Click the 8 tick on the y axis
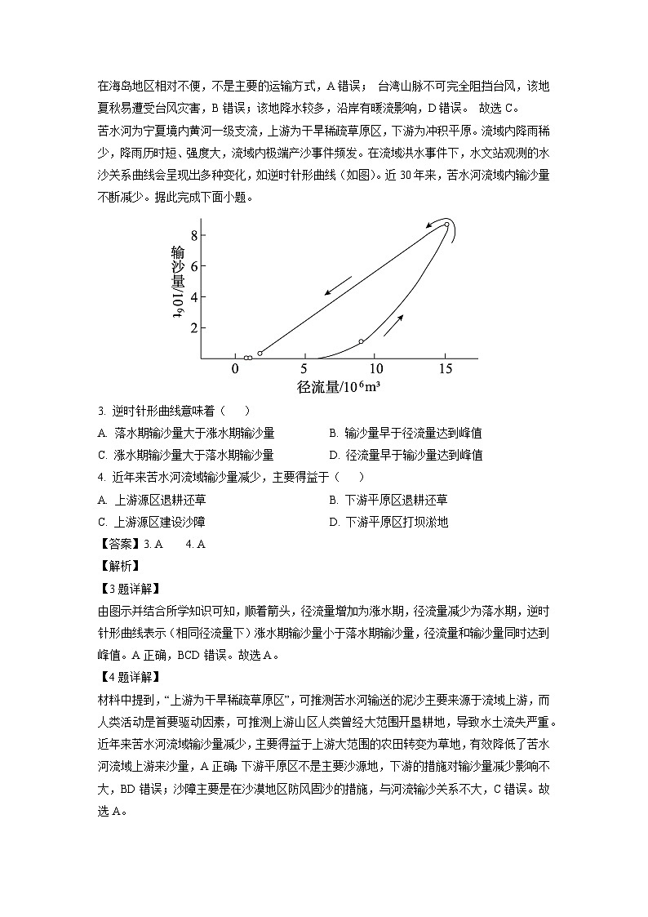tap(195, 234)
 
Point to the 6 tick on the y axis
tap(195, 265)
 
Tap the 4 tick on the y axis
tap(195, 296)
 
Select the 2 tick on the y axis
tap(195, 327)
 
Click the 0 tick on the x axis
tap(235, 369)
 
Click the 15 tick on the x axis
tap(444, 369)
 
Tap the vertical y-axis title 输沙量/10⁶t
tap(177, 283)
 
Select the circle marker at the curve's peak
tap(446, 225)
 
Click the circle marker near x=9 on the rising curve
tap(361, 341)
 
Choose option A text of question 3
tap(185, 433)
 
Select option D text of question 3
tap(406, 455)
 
